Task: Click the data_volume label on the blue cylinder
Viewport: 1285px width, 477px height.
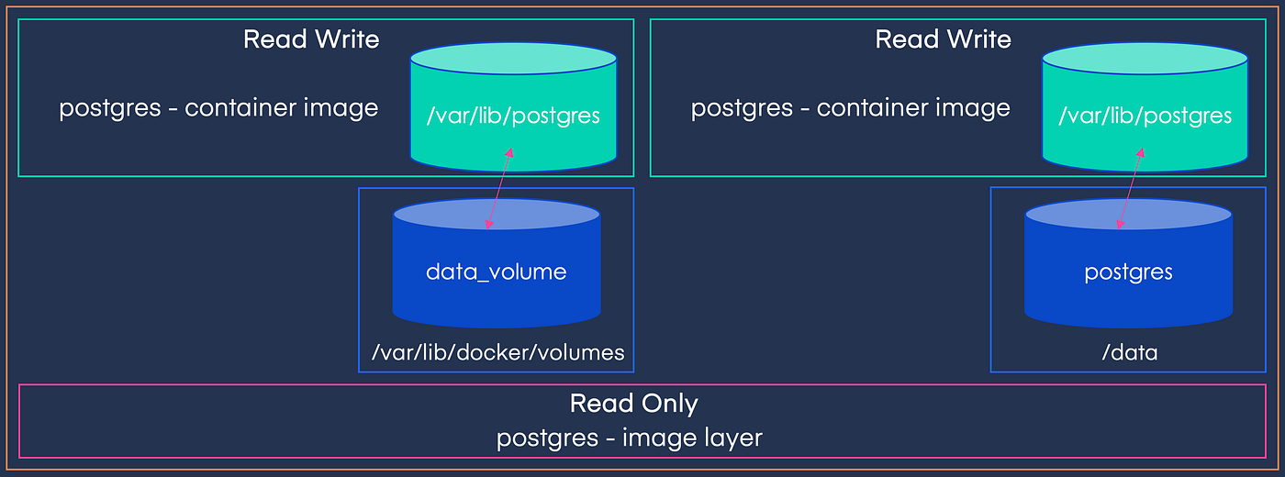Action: coord(496,272)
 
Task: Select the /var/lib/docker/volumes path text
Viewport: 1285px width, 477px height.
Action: coord(497,352)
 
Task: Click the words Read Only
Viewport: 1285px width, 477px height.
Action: coord(633,404)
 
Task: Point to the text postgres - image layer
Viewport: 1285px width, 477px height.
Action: coord(630,438)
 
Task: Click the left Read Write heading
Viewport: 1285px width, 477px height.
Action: coord(311,39)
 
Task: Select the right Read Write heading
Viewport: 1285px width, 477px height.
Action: coord(943,39)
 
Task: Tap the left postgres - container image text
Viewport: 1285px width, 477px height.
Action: coord(218,107)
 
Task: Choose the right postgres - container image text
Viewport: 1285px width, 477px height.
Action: coord(850,107)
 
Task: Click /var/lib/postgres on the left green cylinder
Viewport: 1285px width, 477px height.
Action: coord(513,116)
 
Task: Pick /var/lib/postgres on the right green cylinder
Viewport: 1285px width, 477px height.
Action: coord(1145,116)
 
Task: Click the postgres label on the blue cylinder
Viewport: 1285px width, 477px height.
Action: coord(1128,272)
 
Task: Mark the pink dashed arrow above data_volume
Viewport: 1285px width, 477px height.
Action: coord(497,189)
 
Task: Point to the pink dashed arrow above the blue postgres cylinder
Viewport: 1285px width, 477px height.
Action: coord(1129,189)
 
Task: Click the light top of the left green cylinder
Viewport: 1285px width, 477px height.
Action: coord(513,59)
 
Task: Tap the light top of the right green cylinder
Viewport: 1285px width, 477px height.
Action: coord(1145,59)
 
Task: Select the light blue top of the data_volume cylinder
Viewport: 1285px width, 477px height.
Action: coord(497,215)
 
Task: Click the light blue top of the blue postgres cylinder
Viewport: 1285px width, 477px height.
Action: coord(1128,215)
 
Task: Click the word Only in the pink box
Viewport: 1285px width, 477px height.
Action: coord(670,404)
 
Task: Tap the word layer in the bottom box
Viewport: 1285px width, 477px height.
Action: coord(732,438)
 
